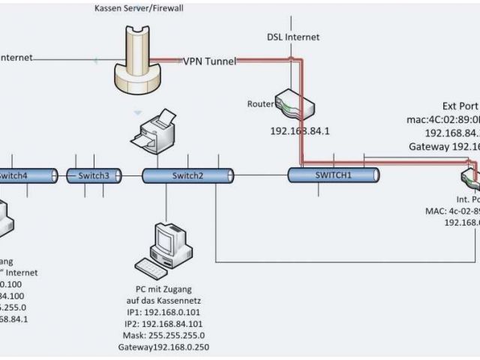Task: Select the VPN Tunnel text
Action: (210, 61)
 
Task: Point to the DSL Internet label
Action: (293, 37)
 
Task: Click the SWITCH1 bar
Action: (333, 175)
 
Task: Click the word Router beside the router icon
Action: (260, 104)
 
